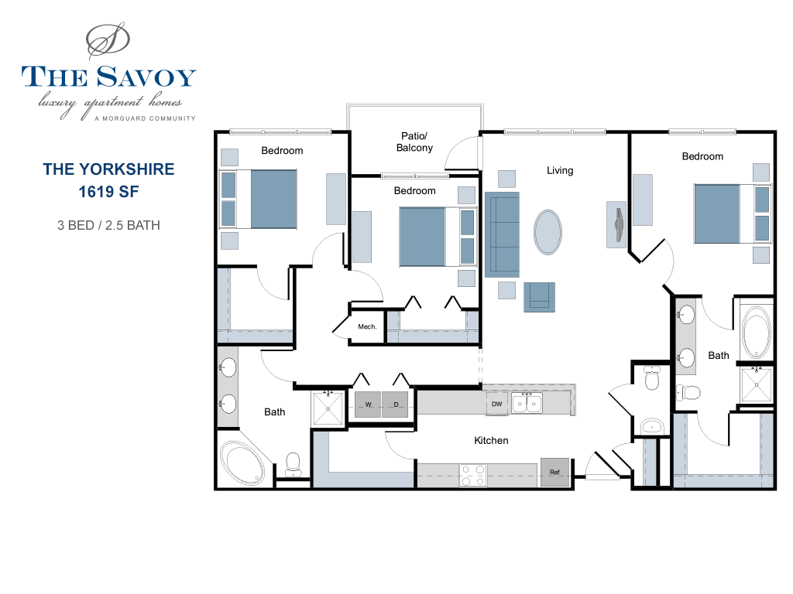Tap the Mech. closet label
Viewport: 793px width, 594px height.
(x=367, y=327)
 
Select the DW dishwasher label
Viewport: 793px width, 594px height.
(x=496, y=404)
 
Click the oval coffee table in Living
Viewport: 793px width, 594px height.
(x=549, y=232)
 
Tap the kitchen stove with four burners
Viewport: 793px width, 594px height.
(x=472, y=475)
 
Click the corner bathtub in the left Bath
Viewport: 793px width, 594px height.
(x=244, y=462)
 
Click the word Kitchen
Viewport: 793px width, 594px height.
(x=491, y=440)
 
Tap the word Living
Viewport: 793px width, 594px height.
(x=560, y=170)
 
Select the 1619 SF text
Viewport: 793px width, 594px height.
(x=108, y=190)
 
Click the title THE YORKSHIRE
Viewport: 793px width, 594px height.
(x=108, y=169)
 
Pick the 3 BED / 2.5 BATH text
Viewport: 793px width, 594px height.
(x=108, y=226)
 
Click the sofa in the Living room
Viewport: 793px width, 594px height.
(x=502, y=235)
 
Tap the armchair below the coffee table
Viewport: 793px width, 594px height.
(x=540, y=297)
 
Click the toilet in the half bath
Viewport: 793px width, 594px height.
(x=652, y=378)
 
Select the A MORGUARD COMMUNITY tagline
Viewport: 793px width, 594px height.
(x=144, y=118)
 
